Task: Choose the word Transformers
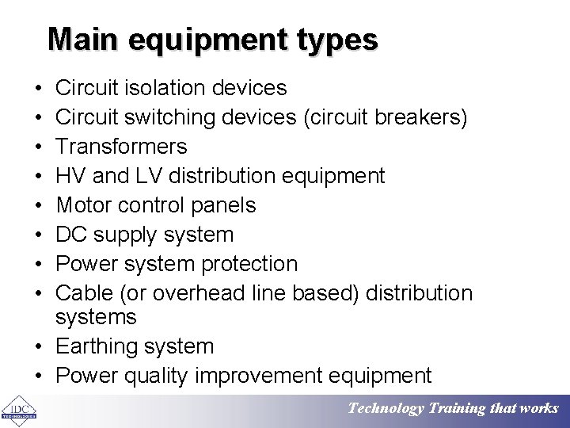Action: coord(121,147)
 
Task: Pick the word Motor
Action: coord(84,205)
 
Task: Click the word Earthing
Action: coord(97,346)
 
